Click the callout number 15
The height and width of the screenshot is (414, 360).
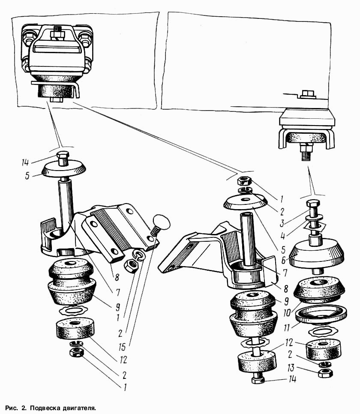tap(122, 347)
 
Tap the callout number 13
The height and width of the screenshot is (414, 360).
tap(291, 368)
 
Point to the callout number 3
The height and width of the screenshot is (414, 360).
tap(282, 223)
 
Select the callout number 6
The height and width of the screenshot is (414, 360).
tap(282, 236)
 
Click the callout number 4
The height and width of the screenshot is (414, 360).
tap(282, 236)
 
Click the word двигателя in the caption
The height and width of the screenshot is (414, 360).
tap(79, 408)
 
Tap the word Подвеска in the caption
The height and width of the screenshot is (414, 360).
tap(45, 408)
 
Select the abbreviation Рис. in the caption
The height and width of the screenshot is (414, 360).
tap(12, 408)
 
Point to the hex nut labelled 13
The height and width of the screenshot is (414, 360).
tap(325, 373)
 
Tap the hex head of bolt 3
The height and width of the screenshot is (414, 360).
tap(313, 204)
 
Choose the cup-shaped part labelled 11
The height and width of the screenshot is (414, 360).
tap(321, 314)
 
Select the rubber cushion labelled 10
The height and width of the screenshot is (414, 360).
tap(319, 290)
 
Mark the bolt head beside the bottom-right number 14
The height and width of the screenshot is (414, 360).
tap(259, 380)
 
